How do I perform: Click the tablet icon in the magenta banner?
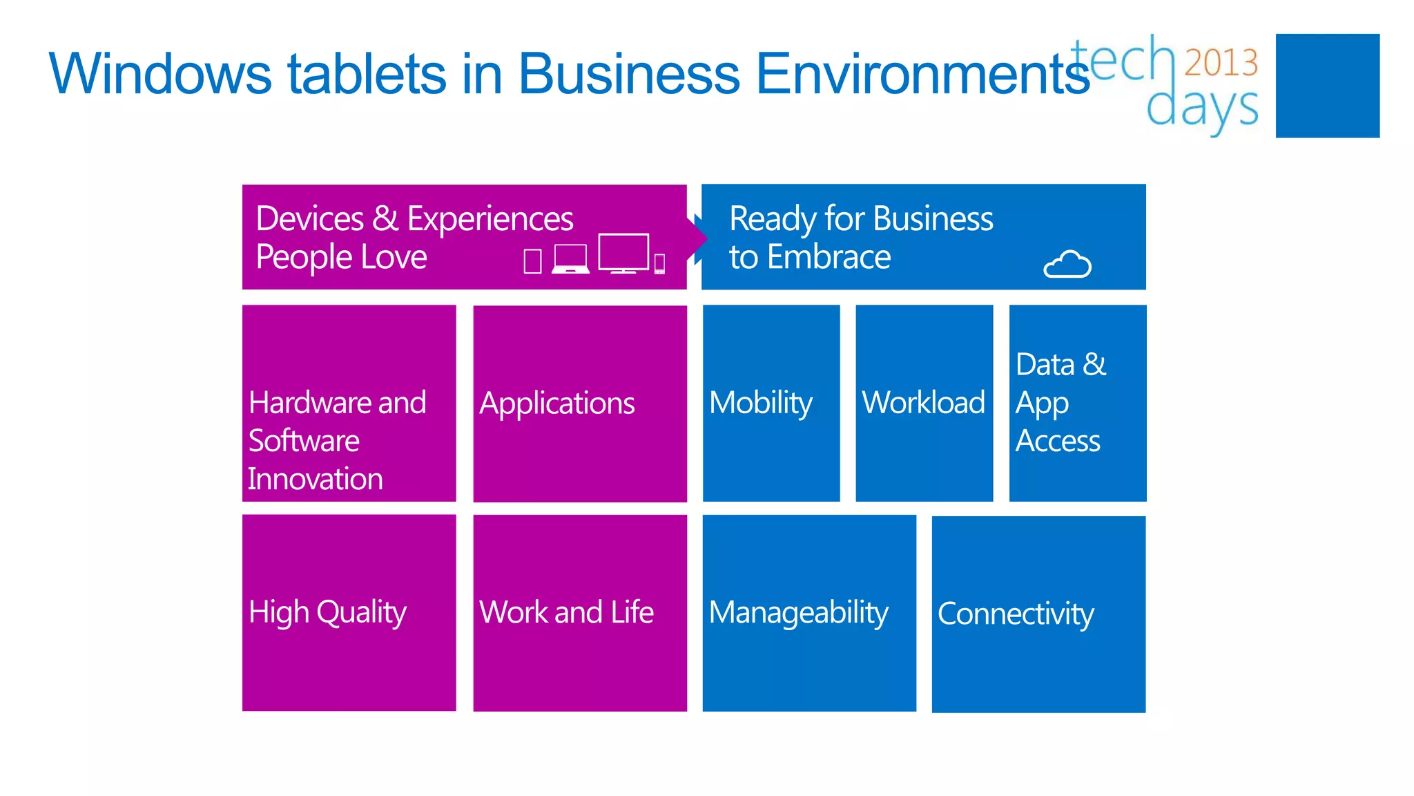532,261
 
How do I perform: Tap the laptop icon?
571,259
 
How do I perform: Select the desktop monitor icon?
623,253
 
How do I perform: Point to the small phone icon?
659,263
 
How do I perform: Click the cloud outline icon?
1067,264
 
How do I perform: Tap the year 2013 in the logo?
1221,62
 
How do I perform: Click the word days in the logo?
1202,108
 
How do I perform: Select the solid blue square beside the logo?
1327,86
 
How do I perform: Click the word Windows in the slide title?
160,73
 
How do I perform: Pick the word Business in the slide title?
629,73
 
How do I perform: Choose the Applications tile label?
557,404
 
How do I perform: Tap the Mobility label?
761,403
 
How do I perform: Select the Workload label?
923,403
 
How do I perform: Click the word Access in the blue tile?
1058,441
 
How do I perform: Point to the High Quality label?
327,613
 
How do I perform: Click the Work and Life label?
566,612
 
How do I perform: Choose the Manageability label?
799,613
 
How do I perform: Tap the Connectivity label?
1016,614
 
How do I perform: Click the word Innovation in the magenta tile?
316,479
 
